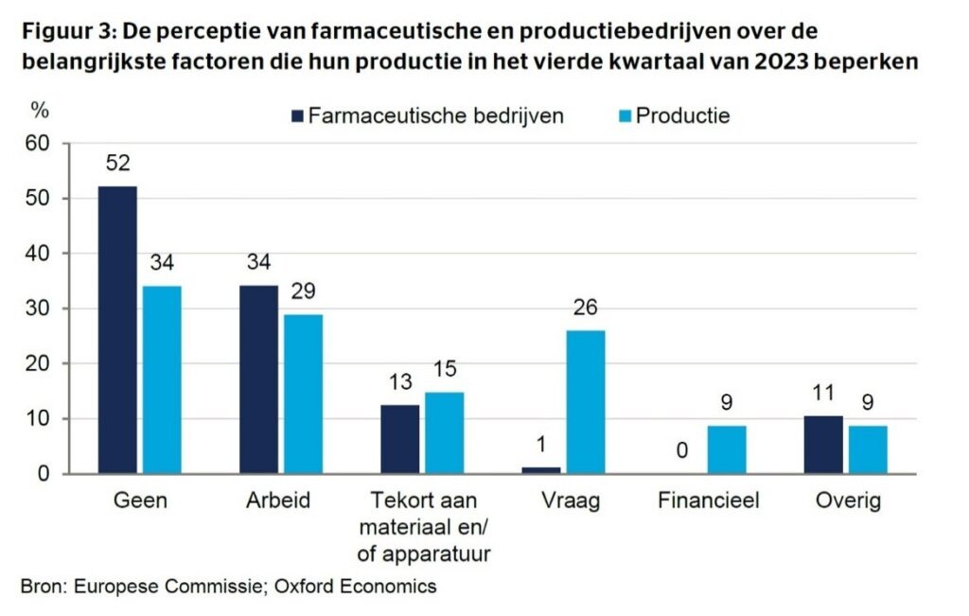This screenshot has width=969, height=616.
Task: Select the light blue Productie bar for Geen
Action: coord(161,379)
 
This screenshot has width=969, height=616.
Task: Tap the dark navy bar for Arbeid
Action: coord(258,379)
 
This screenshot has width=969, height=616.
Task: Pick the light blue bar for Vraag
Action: coord(585,401)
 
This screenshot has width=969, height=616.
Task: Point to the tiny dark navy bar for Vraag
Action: coord(540,469)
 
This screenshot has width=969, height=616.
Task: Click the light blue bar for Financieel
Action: coord(726,449)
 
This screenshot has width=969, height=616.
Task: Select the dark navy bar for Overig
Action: coord(822,445)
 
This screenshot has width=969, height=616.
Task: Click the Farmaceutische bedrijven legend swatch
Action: coord(297,116)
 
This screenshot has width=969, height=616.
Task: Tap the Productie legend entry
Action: coord(682,116)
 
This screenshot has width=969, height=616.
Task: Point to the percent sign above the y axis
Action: coord(39,110)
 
